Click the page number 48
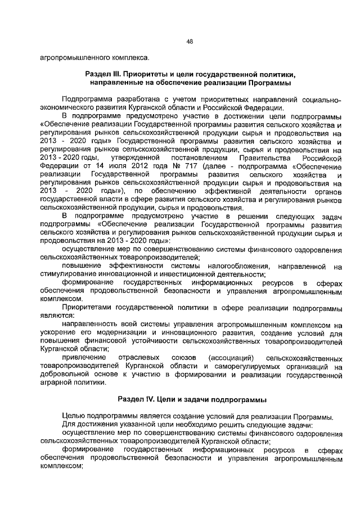pos(190,41)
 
